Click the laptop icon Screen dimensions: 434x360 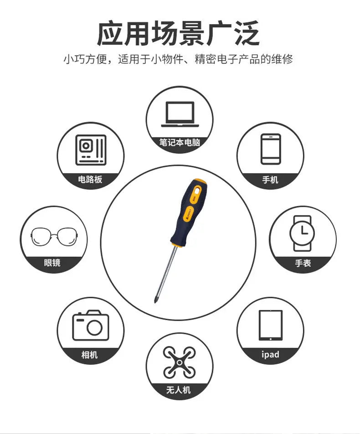point(180,114)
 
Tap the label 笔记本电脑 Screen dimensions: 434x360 point(180,143)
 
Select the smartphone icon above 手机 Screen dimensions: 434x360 point(271,148)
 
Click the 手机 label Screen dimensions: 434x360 point(270,180)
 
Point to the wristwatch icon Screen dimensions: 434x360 point(302,233)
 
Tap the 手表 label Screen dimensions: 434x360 point(303,263)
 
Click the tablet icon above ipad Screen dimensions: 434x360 point(270,325)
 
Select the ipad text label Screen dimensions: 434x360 point(270,354)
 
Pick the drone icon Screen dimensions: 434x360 point(179,362)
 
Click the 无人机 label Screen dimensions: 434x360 point(179,390)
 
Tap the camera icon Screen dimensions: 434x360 point(91,325)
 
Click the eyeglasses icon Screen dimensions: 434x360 point(53,236)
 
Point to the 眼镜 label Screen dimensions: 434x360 point(52,263)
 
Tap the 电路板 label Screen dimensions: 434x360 point(90,179)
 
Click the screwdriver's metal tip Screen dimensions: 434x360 point(156,299)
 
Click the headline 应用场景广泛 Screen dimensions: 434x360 point(179,33)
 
